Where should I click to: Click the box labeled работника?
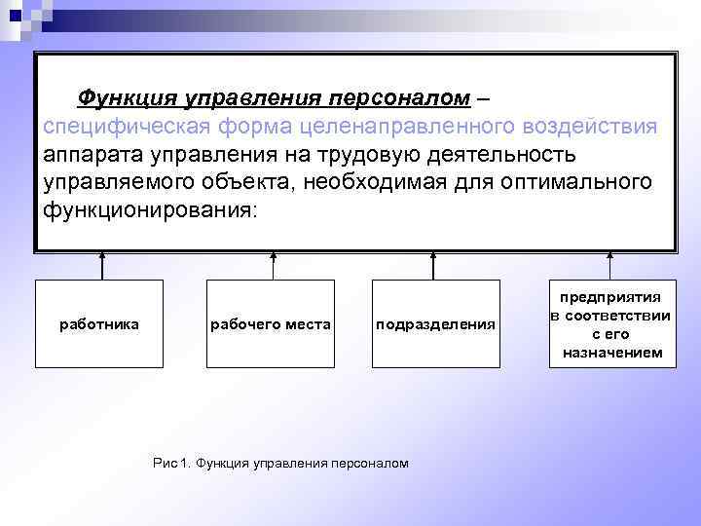pyautogui.click(x=99, y=323)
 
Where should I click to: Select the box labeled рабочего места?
pyautogui.click(x=271, y=323)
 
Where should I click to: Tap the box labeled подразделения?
pyautogui.click(x=435, y=323)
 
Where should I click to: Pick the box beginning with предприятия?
pyautogui.click(x=610, y=323)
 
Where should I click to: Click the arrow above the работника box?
pyautogui.click(x=101, y=266)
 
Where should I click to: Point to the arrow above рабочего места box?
pyautogui.click(x=274, y=266)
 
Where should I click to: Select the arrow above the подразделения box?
pyautogui.click(x=433, y=266)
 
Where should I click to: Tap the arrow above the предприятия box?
pyautogui.click(x=610, y=266)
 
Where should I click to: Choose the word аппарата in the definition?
pyautogui.click(x=92, y=155)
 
